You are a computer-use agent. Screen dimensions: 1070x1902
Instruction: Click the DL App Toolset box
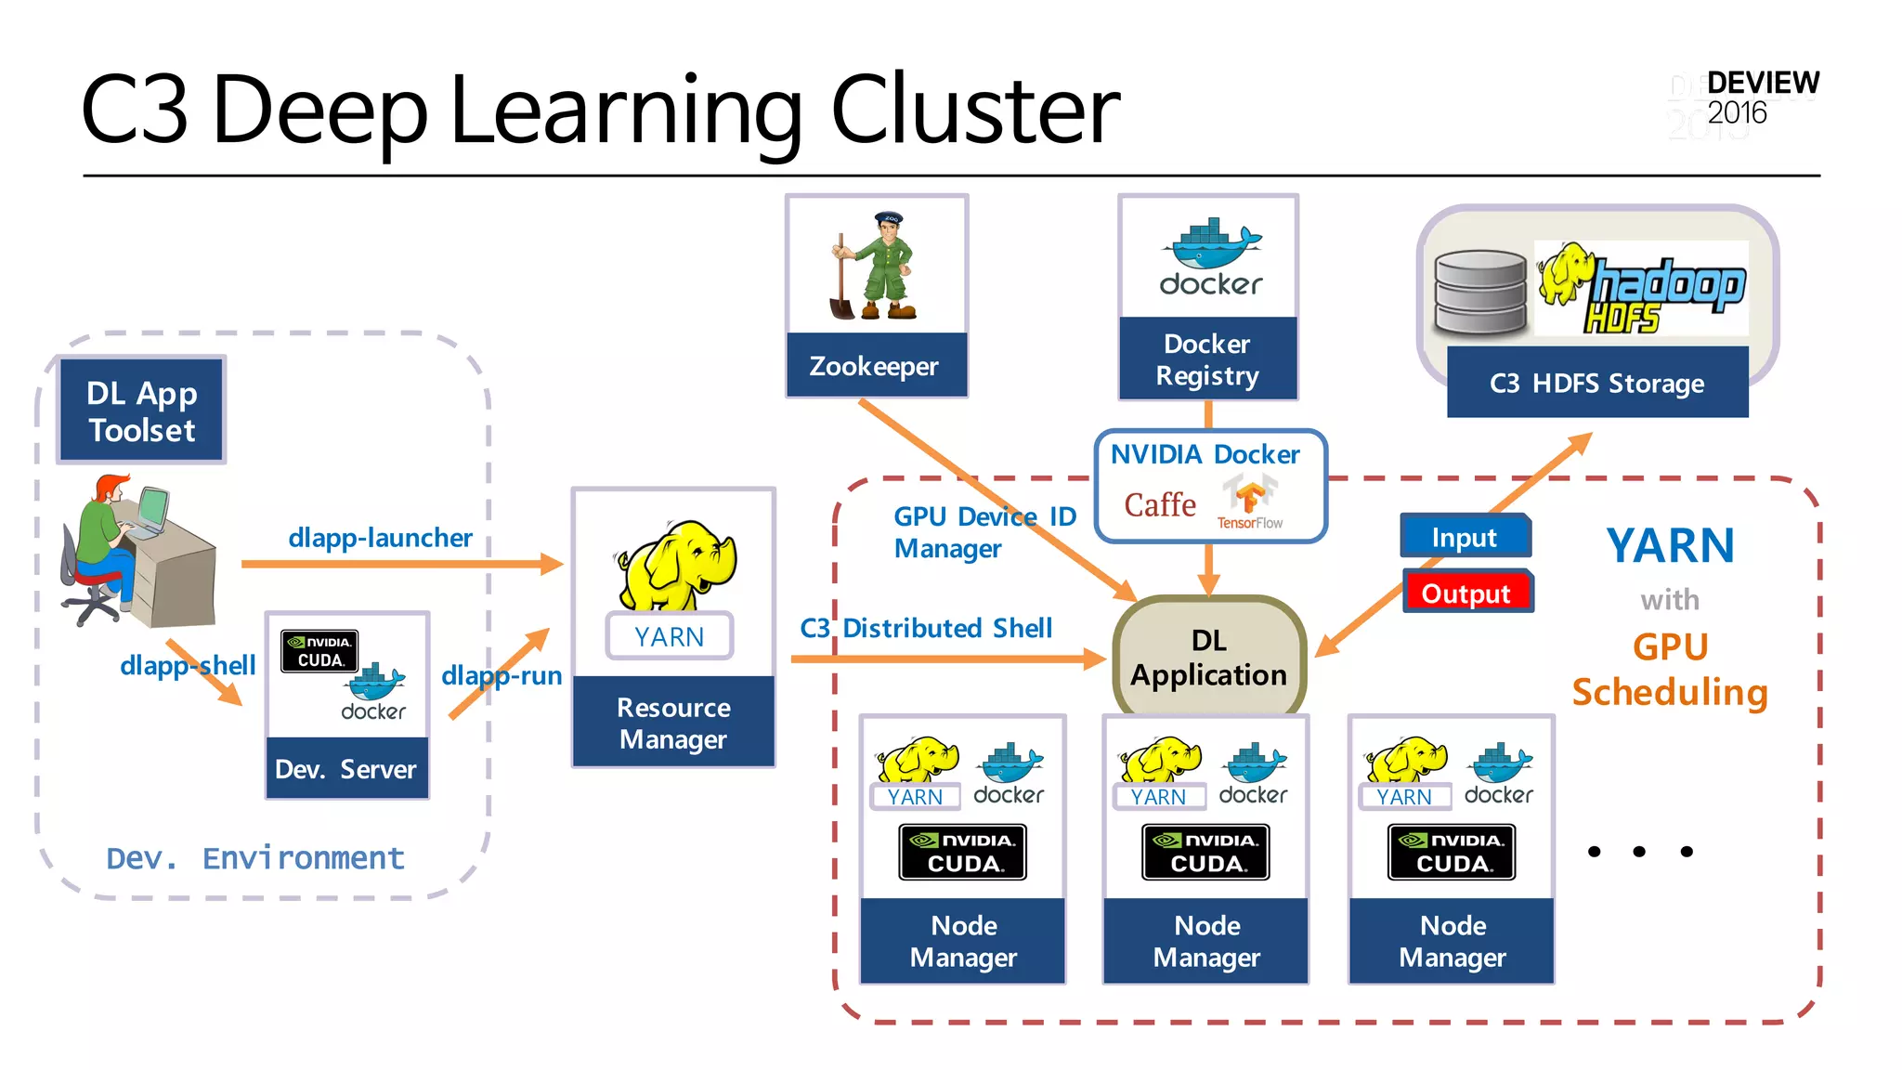[142, 411]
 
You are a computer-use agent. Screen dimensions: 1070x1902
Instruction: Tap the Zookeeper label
[874, 366]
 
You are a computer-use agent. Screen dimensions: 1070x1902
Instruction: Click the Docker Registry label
[1207, 359]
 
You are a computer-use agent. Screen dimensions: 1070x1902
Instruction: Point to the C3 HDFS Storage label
[1596, 383]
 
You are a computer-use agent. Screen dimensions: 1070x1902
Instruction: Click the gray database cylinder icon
[1479, 292]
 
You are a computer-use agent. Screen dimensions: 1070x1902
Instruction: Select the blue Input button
[1464, 537]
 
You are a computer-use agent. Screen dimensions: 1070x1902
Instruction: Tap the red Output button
[1466, 593]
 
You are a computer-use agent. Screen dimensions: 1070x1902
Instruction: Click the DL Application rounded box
[1208, 658]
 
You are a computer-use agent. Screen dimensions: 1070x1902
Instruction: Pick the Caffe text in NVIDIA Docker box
[1160, 505]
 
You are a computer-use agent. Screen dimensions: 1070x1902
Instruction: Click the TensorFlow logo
[1249, 502]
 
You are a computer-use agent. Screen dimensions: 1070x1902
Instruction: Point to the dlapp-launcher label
[380, 537]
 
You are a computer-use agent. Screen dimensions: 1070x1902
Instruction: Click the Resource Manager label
[673, 723]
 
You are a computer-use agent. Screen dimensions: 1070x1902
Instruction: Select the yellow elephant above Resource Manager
[675, 563]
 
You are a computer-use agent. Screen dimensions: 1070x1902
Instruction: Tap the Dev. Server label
[345, 769]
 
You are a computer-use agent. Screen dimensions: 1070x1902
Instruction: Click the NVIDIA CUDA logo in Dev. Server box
[319, 651]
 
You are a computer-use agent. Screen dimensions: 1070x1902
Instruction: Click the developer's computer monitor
[151, 507]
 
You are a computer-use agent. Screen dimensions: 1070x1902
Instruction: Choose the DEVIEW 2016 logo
[1761, 98]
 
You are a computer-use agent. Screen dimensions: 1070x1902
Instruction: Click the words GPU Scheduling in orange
[1669, 670]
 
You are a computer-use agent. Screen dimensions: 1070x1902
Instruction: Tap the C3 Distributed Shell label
[926, 628]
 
